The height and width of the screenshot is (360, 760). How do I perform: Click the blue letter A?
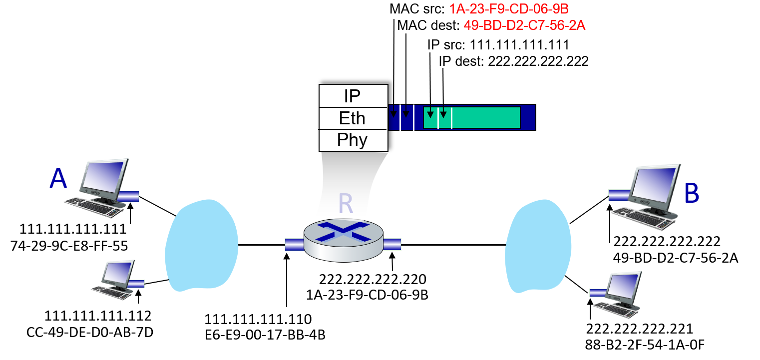pos(58,178)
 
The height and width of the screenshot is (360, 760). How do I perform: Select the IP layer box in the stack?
pos(353,96)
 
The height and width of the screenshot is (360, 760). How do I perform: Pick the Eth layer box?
pos(353,118)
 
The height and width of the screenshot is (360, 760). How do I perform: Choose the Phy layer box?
pos(353,140)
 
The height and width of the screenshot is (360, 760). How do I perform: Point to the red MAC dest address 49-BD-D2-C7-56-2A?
pos(524,25)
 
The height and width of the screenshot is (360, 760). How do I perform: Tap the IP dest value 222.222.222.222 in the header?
pos(538,61)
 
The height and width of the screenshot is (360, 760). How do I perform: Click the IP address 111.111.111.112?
pos(98,316)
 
